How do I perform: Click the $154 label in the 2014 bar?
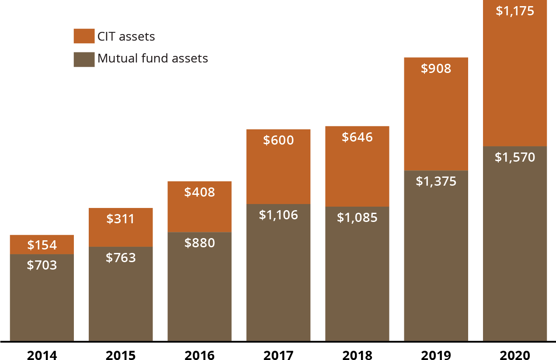click(42, 245)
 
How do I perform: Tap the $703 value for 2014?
click(42, 265)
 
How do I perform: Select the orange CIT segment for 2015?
click(121, 227)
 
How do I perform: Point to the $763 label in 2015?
click(121, 257)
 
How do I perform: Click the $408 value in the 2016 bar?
click(199, 192)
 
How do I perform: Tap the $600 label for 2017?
click(278, 140)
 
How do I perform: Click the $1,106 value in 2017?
click(278, 215)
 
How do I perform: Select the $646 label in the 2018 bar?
click(357, 137)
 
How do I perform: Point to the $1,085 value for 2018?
click(357, 217)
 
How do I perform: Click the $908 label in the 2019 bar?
click(436, 69)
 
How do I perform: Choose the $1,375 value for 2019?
click(436, 181)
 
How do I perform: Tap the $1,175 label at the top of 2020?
click(515, 11)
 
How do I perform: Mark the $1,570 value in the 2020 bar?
click(515, 157)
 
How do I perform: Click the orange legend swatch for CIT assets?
click(84, 36)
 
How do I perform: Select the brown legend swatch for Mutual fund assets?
click(84, 59)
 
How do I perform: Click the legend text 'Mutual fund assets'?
click(153, 58)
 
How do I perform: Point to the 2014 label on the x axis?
click(42, 355)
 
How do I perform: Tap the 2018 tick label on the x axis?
click(357, 355)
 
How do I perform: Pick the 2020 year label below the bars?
click(515, 355)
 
